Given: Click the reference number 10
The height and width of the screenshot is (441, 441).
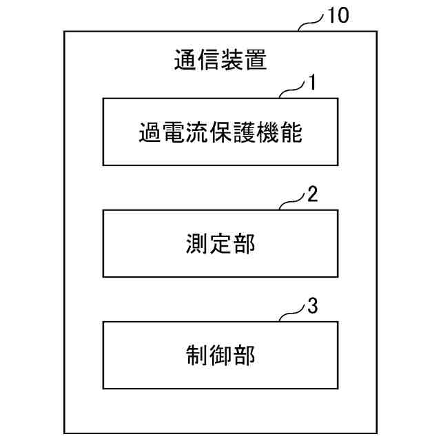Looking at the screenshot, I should point(337,16).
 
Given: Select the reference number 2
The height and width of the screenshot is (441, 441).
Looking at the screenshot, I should point(312,194).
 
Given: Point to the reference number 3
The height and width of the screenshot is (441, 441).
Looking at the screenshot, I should point(312,306).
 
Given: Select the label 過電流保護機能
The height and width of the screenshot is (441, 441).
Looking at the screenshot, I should point(220,132).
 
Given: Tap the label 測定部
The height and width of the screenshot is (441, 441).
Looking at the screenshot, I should point(220,243).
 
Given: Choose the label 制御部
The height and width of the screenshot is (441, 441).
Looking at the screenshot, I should point(220,355).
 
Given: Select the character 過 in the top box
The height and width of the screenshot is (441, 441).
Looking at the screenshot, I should point(150,132).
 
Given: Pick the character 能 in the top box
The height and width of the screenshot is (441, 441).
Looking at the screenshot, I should point(291,132).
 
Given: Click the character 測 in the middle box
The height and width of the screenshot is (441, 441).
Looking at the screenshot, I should point(197,243).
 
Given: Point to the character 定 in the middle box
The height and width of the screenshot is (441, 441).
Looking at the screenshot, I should point(220,243).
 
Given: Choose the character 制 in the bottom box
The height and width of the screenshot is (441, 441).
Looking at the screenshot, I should point(197,355).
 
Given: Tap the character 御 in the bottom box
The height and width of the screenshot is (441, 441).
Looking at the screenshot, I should point(220,355).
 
